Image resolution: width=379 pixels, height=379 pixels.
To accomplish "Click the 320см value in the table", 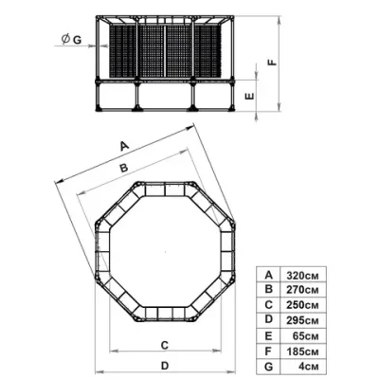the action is pos(302,276).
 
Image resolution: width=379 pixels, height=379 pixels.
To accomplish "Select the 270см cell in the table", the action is pos(302,290).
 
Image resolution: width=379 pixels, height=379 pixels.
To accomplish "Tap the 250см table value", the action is pos(302,305).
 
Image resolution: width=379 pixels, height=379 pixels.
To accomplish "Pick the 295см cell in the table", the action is pos(302,320).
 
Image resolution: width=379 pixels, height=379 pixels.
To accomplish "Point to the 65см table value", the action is pos(305,335).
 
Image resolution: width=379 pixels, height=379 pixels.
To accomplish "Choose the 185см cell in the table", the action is pos(302,352).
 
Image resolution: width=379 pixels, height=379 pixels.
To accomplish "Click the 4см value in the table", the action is pos(309,367).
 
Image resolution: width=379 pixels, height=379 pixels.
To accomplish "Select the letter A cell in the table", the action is pos(268,275).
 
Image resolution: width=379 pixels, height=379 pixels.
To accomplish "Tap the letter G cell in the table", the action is pos(268,367).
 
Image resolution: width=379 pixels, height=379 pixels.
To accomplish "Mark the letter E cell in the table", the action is pos(268,335).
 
